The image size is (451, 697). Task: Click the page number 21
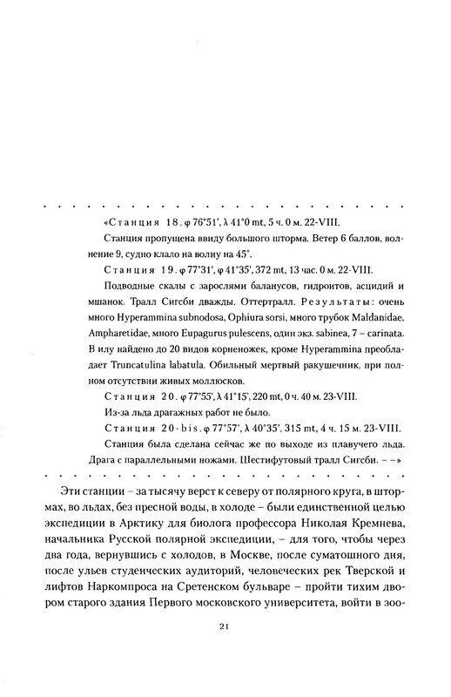pos(225,649)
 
